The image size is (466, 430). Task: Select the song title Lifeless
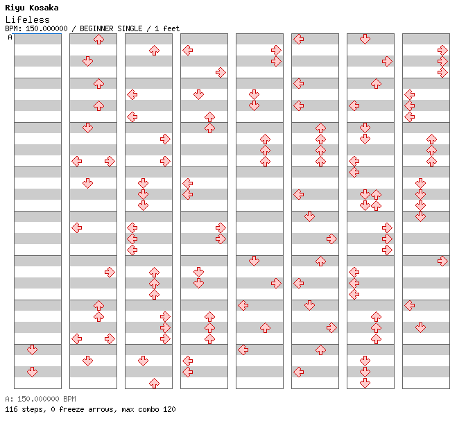[x=27, y=19]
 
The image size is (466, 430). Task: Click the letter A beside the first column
[x=10, y=37]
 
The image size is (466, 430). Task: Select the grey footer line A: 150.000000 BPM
[x=40, y=399]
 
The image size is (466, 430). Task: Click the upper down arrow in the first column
[x=32, y=350]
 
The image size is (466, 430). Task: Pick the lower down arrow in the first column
[x=32, y=372]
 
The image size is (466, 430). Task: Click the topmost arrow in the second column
[x=98, y=39]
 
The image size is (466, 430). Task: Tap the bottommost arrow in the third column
[x=154, y=383]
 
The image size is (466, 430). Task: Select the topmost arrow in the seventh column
[x=365, y=39]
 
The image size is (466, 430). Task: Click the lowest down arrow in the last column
[x=420, y=327]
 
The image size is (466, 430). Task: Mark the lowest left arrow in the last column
[x=410, y=305]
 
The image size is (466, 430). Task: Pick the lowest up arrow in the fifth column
[x=265, y=327]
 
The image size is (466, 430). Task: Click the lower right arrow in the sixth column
[x=331, y=327]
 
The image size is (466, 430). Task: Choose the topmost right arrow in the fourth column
[x=221, y=72]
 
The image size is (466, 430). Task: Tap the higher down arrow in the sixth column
[x=310, y=216]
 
